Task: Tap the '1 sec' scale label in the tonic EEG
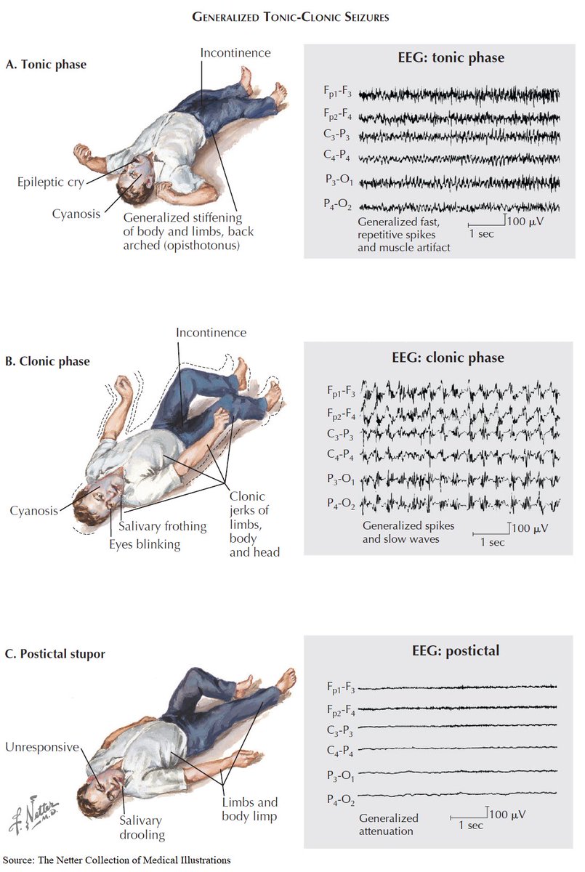click(480, 234)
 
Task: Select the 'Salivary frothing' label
click(162, 526)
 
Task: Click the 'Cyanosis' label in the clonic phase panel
click(33, 510)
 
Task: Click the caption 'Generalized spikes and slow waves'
click(400, 533)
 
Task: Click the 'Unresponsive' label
click(41, 747)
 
